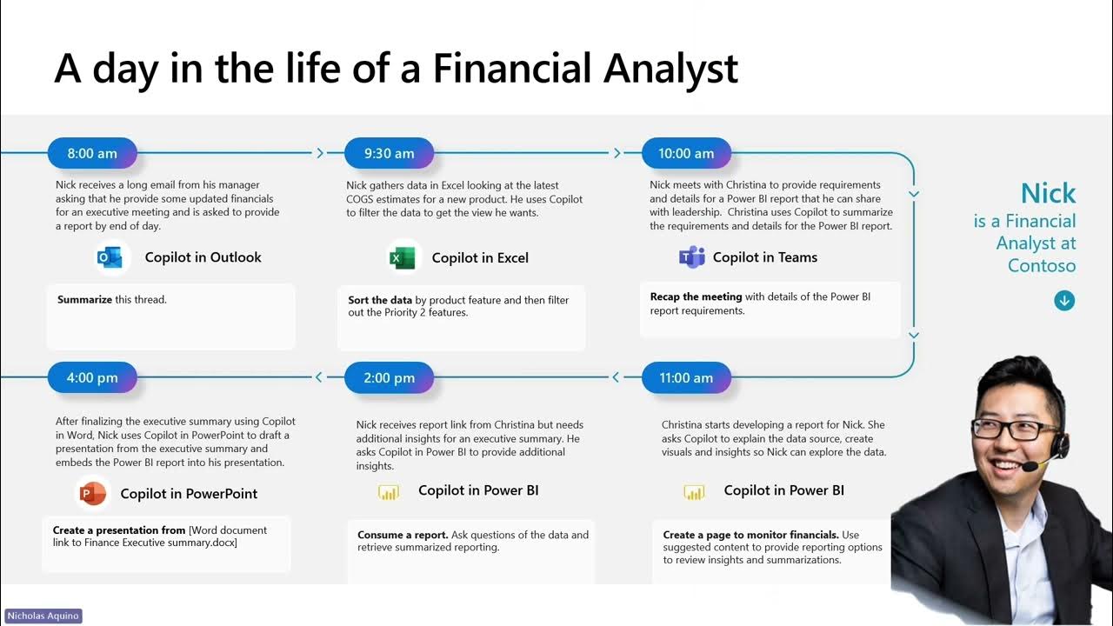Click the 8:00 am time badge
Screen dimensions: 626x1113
point(92,153)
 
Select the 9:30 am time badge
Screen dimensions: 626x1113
point(389,153)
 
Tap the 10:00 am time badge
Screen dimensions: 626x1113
point(686,153)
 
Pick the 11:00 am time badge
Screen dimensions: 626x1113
point(686,377)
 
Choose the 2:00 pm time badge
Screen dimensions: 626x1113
point(389,377)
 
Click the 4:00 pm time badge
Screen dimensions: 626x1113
point(92,377)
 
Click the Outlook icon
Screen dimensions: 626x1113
point(110,257)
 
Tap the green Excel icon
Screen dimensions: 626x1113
point(402,257)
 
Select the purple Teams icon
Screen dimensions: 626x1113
point(691,257)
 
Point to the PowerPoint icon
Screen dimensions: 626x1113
point(92,494)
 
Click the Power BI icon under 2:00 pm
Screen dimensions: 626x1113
point(388,492)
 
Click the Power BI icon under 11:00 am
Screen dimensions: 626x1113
point(693,492)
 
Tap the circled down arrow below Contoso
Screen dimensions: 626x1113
point(1064,301)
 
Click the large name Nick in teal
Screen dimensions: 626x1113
point(1048,193)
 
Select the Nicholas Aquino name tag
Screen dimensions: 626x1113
point(43,616)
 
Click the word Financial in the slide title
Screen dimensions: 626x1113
point(517,68)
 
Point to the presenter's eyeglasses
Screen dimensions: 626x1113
point(1015,428)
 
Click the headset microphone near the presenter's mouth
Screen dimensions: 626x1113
point(1031,466)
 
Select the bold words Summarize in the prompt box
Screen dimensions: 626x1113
point(84,300)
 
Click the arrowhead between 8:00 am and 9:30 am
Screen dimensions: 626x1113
point(320,153)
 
